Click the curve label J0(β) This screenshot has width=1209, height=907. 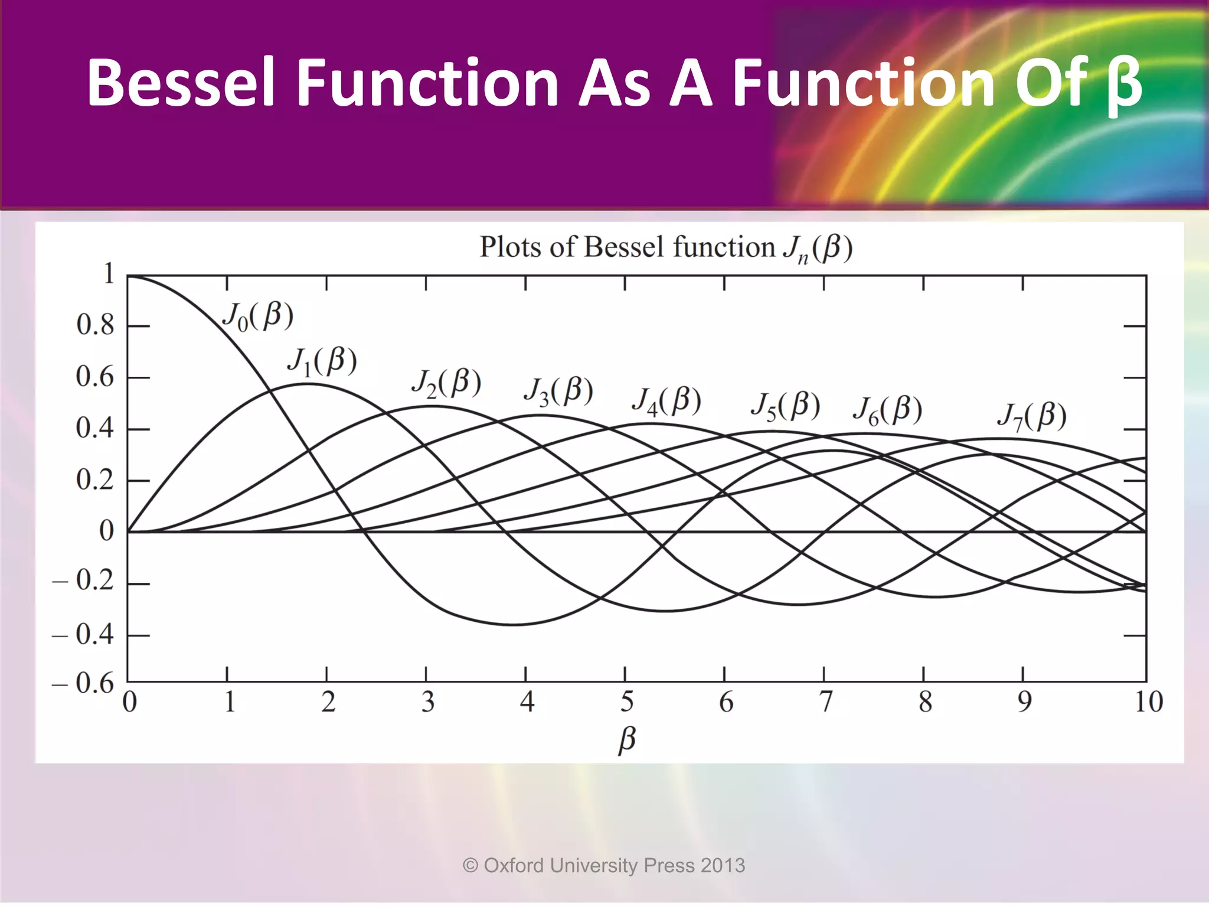click(x=258, y=317)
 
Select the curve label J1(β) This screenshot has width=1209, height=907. click(x=322, y=362)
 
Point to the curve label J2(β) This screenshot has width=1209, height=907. click(x=446, y=384)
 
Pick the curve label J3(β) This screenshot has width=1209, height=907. click(x=558, y=391)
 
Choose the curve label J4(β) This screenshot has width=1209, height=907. click(x=666, y=402)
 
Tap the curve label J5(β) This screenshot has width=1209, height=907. click(x=785, y=407)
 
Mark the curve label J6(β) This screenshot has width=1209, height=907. click(x=887, y=410)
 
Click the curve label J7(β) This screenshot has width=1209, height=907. click(x=1032, y=417)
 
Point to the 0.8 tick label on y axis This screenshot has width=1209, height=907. click(x=95, y=325)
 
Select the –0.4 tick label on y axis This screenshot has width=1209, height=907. click(x=83, y=635)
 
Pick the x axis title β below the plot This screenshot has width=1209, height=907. click(x=627, y=740)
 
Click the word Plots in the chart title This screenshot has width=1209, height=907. click(x=510, y=247)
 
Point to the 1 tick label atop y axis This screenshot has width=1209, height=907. click(x=109, y=274)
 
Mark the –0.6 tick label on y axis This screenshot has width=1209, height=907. click(x=83, y=684)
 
